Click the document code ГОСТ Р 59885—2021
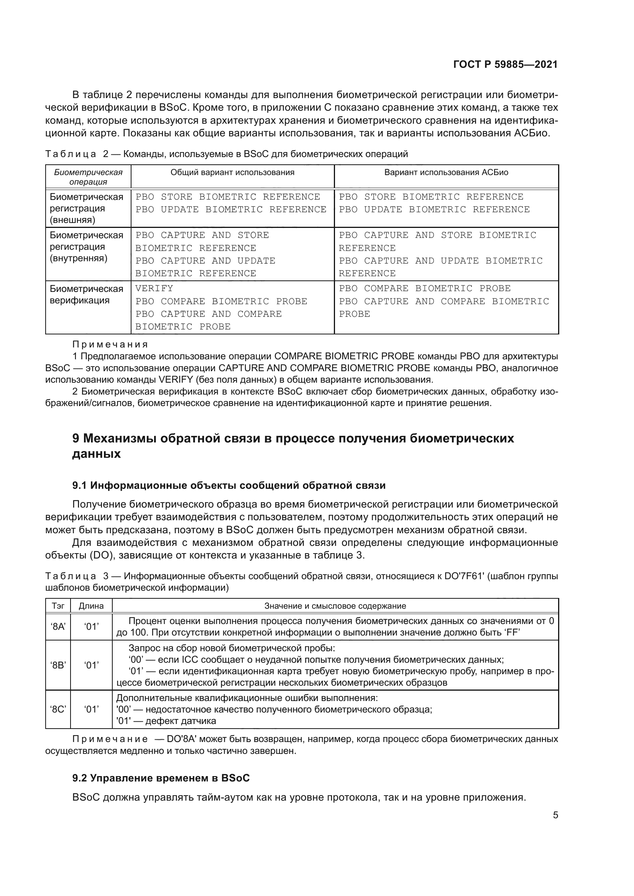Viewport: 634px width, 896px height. (x=505, y=65)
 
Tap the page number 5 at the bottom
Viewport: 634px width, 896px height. (x=555, y=815)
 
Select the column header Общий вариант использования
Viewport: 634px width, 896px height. (x=232, y=172)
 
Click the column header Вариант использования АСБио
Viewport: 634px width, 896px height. (x=446, y=172)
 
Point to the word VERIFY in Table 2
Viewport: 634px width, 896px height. (x=154, y=288)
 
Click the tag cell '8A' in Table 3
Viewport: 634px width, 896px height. (x=58, y=627)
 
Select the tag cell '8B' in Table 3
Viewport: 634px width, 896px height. (x=58, y=665)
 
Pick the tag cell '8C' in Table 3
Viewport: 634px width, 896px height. (x=58, y=709)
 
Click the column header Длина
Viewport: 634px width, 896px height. (x=91, y=606)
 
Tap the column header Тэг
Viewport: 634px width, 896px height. (x=58, y=606)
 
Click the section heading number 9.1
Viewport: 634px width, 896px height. (x=80, y=485)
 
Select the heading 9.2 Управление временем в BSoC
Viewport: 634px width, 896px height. (x=161, y=778)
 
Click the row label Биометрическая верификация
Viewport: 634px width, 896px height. (x=86, y=295)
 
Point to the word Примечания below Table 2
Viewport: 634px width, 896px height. (x=110, y=345)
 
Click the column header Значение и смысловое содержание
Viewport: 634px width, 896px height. (x=335, y=606)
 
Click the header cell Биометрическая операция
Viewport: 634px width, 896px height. (x=88, y=177)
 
